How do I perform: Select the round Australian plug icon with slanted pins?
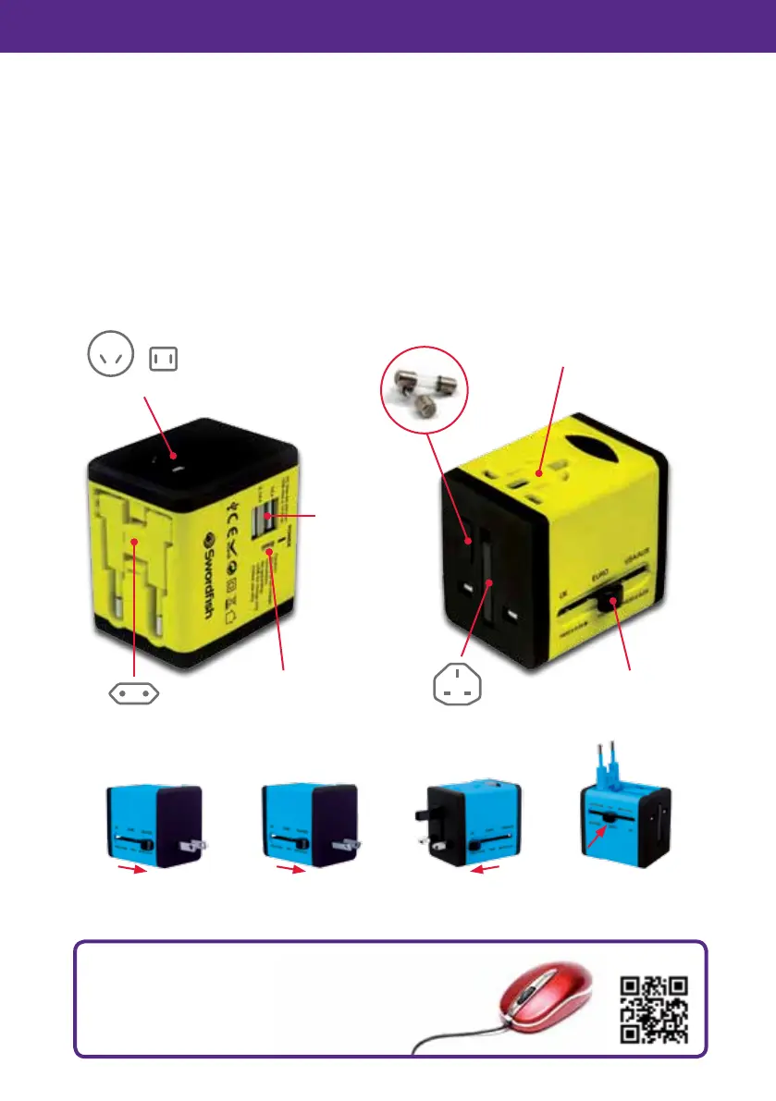pos(108,355)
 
